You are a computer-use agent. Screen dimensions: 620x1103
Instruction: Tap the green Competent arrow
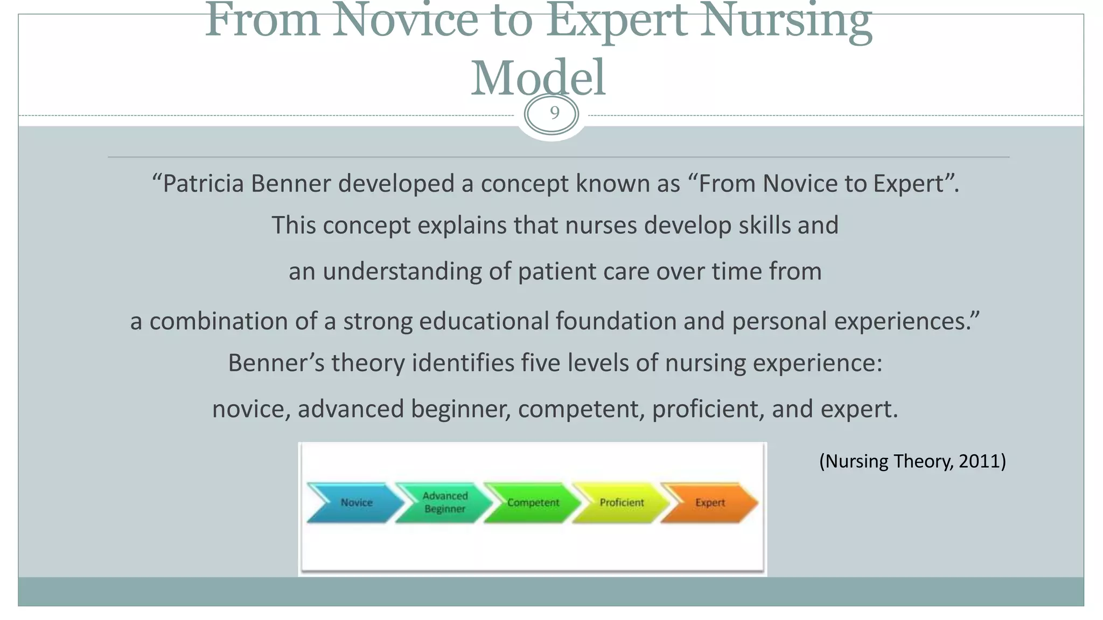click(x=533, y=503)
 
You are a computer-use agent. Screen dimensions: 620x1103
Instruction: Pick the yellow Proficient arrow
click(x=622, y=503)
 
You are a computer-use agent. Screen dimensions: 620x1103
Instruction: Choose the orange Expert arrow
click(x=710, y=503)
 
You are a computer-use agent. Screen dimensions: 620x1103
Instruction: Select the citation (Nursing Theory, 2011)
click(x=912, y=461)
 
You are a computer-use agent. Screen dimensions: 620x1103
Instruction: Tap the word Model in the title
click(x=538, y=78)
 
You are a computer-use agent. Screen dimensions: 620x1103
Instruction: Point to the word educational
click(x=483, y=321)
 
